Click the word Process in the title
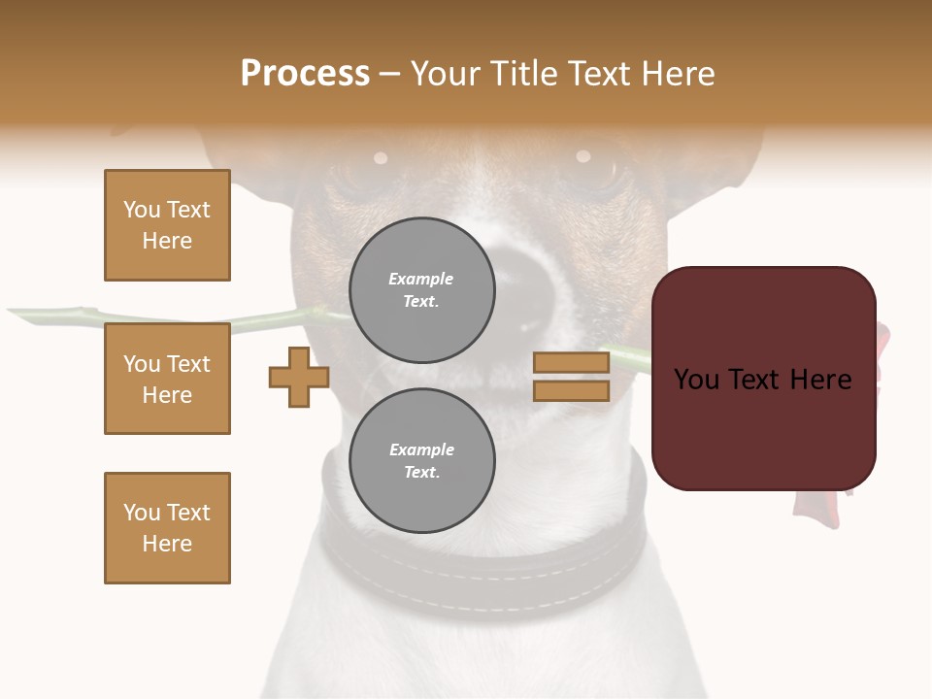point(305,74)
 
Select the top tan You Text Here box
point(167,225)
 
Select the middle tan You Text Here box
point(167,379)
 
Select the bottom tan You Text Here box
point(167,528)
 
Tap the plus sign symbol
point(299,377)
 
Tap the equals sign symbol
point(571,377)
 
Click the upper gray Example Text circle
point(421,289)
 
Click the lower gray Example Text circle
point(421,460)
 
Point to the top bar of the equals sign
point(571,362)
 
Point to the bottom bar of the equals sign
point(571,391)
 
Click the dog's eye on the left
point(381,157)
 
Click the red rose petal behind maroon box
point(882,340)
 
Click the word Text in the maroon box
point(762,380)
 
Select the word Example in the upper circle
point(421,279)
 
